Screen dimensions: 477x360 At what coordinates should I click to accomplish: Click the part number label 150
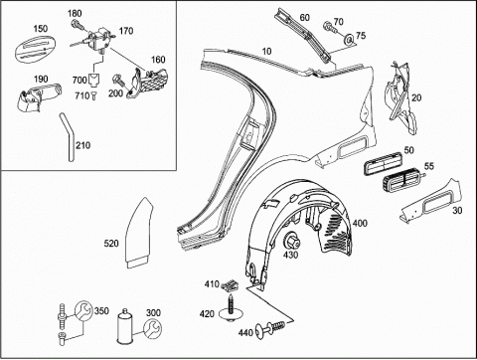point(40,29)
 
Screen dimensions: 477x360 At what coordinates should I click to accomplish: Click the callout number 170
point(126,31)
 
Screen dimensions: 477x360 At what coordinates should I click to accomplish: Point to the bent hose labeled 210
point(69,136)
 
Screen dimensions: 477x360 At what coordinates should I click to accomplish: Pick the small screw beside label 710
point(93,96)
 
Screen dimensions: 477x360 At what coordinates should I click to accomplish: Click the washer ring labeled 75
point(349,40)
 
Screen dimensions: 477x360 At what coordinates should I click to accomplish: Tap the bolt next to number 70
point(329,27)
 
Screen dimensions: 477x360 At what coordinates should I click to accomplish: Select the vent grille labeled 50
point(384,163)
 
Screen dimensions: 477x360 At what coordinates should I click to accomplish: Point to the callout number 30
point(457,210)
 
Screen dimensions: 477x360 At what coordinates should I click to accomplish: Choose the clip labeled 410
point(232,285)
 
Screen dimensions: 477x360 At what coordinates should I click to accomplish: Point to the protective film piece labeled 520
point(138,232)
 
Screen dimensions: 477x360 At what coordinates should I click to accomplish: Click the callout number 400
point(360,223)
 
